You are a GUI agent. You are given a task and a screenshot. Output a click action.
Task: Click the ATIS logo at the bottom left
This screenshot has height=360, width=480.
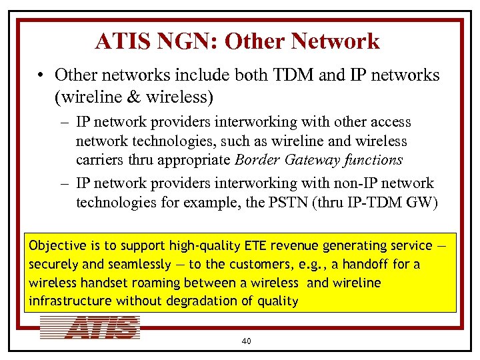(x=90, y=328)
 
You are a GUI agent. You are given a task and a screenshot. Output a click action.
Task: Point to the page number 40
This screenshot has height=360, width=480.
(x=246, y=341)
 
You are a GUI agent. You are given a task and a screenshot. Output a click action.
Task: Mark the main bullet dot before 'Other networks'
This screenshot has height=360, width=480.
(x=41, y=75)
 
